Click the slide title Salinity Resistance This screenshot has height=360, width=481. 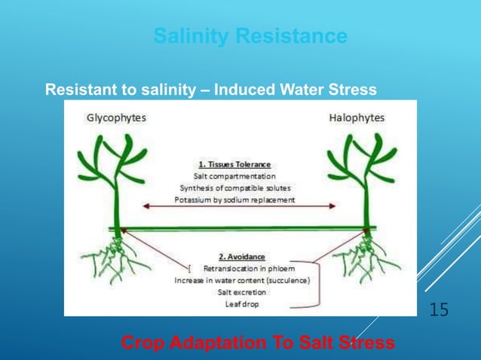pyautogui.click(x=250, y=36)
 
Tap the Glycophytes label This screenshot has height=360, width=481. pyautogui.click(x=116, y=117)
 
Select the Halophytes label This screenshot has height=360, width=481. pyautogui.click(x=357, y=117)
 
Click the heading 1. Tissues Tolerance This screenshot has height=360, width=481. pyautogui.click(x=234, y=163)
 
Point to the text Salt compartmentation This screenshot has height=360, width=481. pyautogui.click(x=234, y=175)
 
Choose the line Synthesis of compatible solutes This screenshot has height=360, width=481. pyautogui.click(x=234, y=188)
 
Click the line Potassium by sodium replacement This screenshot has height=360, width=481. pyautogui.click(x=234, y=200)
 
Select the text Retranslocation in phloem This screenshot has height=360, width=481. pyautogui.click(x=247, y=268)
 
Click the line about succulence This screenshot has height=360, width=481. pyautogui.click(x=247, y=280)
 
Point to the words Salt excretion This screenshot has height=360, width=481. pyautogui.click(x=247, y=292)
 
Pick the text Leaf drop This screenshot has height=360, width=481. pyautogui.click(x=247, y=304)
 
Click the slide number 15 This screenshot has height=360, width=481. pyautogui.click(x=439, y=309)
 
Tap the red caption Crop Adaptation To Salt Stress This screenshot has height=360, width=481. pyautogui.click(x=258, y=343)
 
